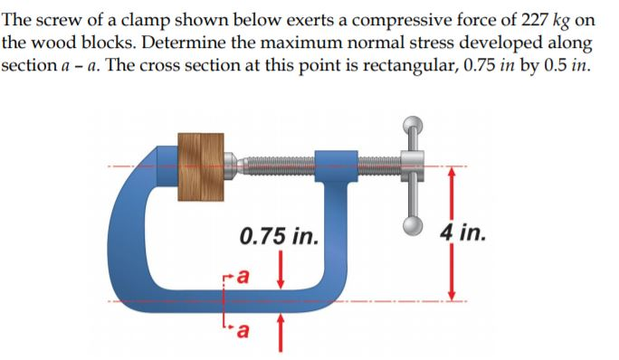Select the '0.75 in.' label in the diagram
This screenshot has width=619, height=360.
280,238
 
